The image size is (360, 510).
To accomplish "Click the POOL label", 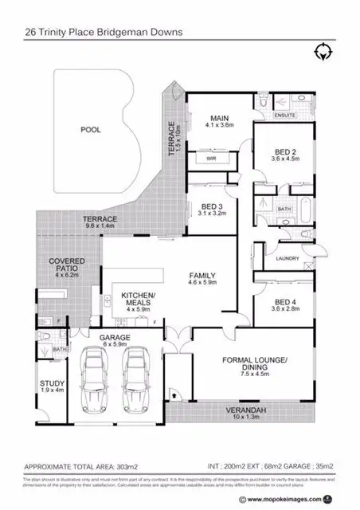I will (x=92, y=128).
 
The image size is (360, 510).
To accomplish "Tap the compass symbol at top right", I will (x=323, y=53).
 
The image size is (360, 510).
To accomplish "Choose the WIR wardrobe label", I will (x=211, y=159).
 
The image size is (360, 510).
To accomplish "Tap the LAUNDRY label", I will (x=287, y=258).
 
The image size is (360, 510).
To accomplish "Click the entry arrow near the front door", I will (x=174, y=394).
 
